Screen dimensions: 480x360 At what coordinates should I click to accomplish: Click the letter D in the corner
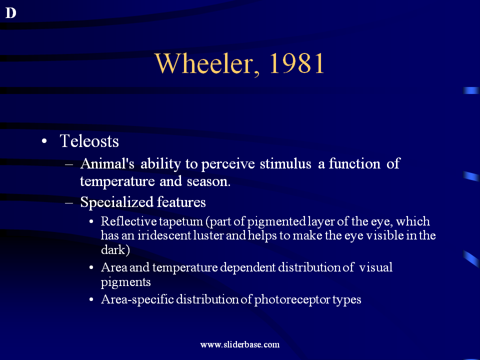[10, 13]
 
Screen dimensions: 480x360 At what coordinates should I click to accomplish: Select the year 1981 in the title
[296, 63]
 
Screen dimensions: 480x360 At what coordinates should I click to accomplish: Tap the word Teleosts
[89, 141]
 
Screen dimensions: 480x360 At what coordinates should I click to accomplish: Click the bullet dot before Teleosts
[44, 141]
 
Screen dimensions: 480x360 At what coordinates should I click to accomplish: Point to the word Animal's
[107, 164]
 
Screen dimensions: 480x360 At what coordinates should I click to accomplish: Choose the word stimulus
[285, 164]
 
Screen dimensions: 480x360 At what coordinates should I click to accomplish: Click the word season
[208, 181]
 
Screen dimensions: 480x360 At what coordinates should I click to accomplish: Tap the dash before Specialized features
[69, 202]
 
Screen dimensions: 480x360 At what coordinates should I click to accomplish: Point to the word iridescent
[164, 235]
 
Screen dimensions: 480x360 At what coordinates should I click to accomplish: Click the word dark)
[115, 250]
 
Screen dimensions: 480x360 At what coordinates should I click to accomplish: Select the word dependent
[247, 268]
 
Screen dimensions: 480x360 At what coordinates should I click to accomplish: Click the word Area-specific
[137, 299]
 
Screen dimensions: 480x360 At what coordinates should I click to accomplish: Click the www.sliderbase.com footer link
[240, 344]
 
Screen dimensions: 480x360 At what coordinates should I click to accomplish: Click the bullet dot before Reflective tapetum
[91, 221]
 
